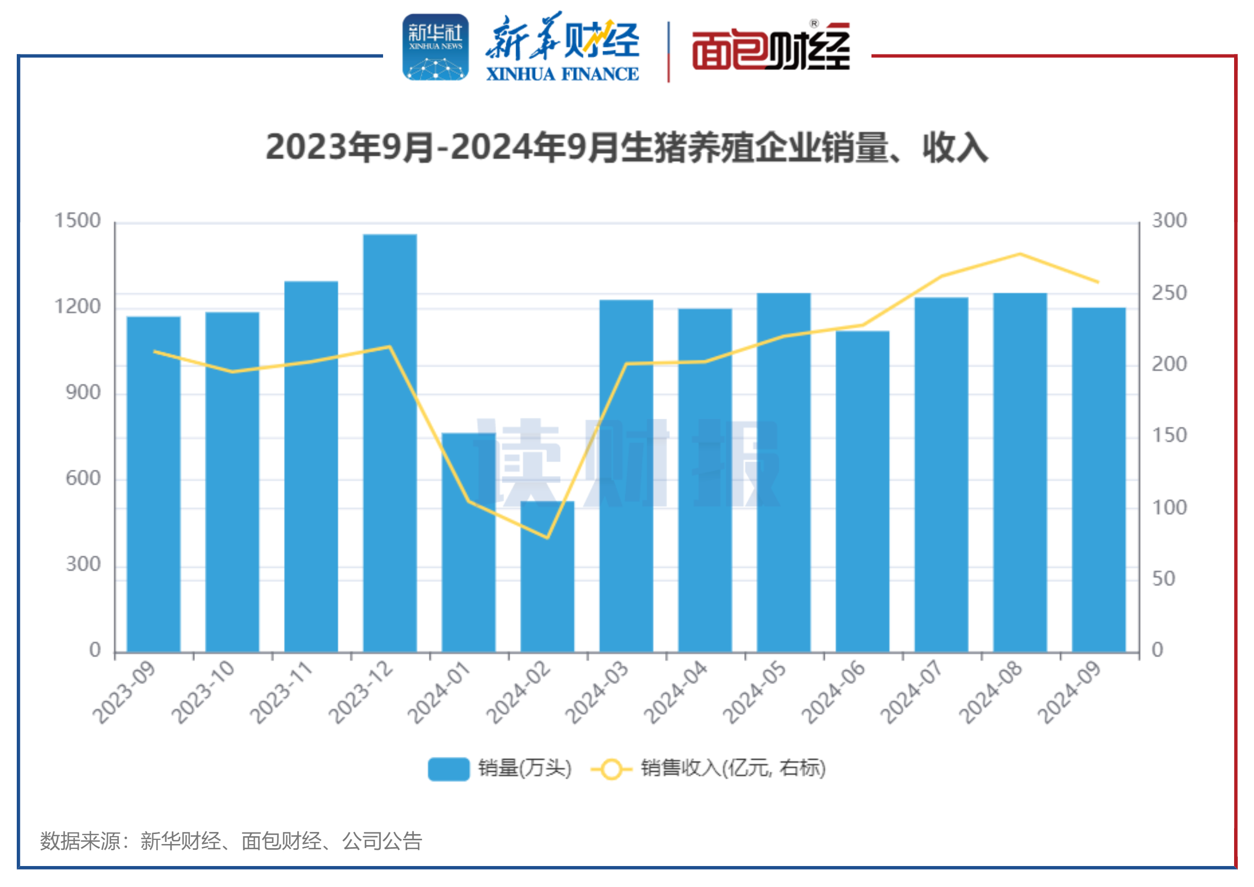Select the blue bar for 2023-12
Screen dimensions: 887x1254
pos(389,442)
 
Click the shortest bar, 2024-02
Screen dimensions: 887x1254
pos(547,576)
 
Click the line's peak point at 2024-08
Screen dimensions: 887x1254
pos(1020,254)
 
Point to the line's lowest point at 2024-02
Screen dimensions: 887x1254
pos(547,538)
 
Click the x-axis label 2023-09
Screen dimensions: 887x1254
pos(125,693)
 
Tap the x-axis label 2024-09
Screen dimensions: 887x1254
pos(1070,693)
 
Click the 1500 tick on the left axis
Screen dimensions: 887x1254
pos(78,221)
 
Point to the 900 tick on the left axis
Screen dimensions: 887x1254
pos(83,393)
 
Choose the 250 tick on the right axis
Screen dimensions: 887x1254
pos(1169,293)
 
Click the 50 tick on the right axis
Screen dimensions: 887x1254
pos(1164,579)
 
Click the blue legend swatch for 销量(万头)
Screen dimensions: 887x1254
pos(449,769)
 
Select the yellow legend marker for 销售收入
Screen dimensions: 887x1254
pos(611,769)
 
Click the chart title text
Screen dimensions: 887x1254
pos(626,147)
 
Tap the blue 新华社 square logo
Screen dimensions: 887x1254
pos(435,48)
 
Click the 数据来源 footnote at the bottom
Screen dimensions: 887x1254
pos(231,841)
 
